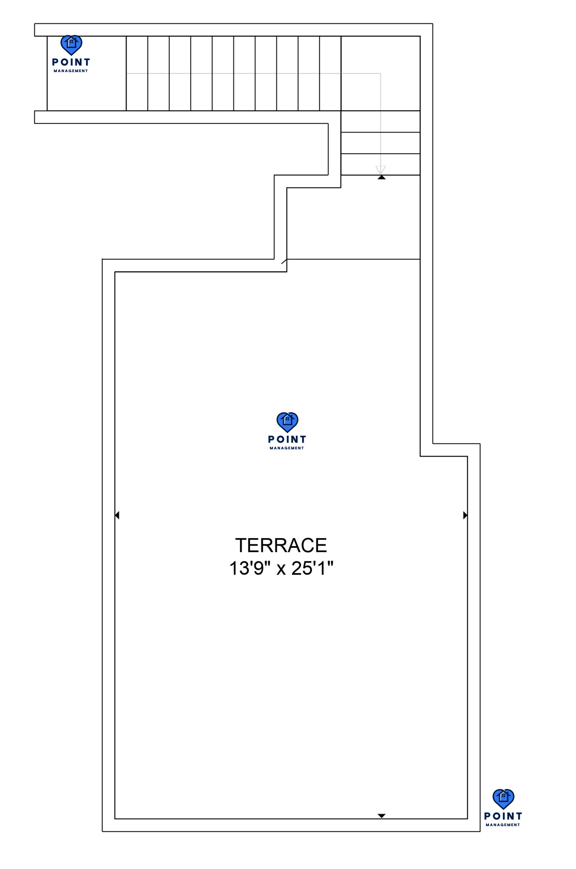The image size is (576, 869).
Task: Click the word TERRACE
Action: point(281,545)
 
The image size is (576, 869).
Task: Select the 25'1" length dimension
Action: point(312,568)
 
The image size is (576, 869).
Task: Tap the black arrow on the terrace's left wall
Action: point(117,515)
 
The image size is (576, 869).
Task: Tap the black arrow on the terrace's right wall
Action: point(465,515)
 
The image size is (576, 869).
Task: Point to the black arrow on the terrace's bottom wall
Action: point(382,816)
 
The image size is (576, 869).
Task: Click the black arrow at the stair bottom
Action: point(382,177)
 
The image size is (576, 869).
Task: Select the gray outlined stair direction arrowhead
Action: point(380,170)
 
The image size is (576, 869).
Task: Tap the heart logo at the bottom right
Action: point(503,799)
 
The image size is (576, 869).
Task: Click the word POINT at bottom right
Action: point(503,816)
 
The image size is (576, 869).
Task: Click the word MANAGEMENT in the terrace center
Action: point(287,448)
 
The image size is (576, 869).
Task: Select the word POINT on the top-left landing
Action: point(71,62)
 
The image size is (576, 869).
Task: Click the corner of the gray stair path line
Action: point(380,73)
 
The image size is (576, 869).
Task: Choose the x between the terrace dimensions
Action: point(281,569)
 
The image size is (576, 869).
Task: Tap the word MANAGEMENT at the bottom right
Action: point(503,825)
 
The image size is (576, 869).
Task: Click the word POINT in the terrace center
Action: point(287,439)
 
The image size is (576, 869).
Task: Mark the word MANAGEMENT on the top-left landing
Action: point(71,71)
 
